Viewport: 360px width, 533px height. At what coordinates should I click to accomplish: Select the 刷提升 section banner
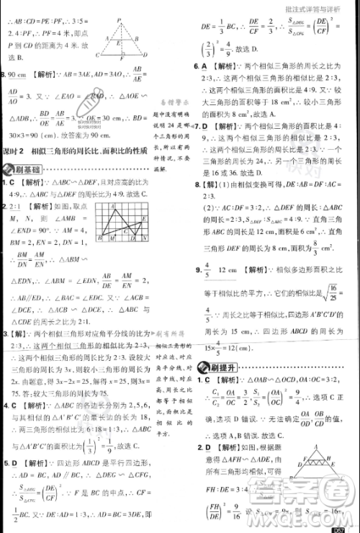point(216,369)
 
